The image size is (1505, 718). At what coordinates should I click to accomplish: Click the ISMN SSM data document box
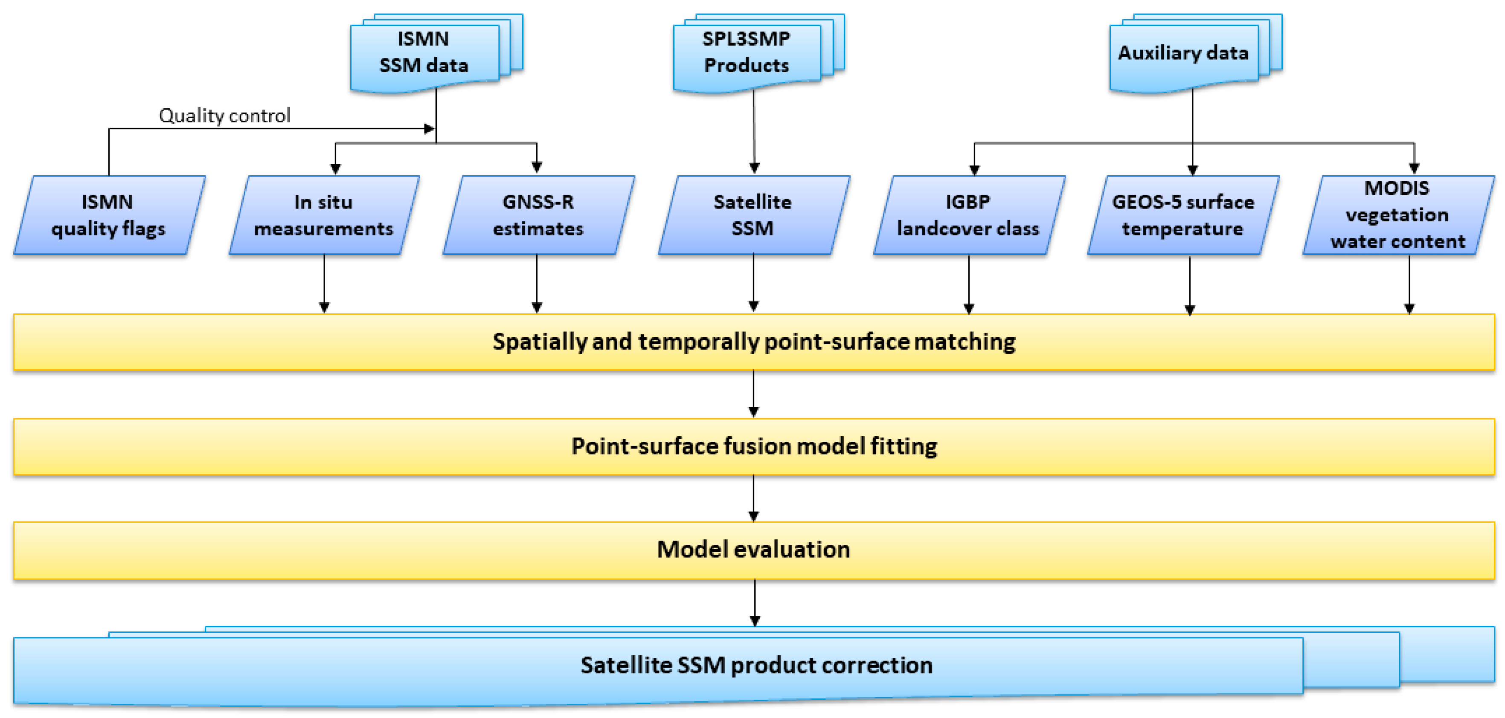tap(424, 52)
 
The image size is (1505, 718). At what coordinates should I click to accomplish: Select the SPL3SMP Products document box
tap(746, 52)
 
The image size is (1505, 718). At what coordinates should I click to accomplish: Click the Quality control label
tap(224, 116)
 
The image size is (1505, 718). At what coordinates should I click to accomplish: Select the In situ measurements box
tap(324, 215)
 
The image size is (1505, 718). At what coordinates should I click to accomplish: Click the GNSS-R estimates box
tap(538, 215)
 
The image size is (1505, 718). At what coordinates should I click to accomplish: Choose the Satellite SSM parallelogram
tap(752, 215)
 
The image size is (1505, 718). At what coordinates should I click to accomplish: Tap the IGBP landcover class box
tap(968, 215)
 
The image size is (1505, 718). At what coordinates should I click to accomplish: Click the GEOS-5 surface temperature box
tap(1183, 215)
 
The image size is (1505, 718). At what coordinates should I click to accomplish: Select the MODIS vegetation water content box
tap(1397, 215)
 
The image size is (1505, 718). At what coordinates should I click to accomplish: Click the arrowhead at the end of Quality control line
tap(430, 128)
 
